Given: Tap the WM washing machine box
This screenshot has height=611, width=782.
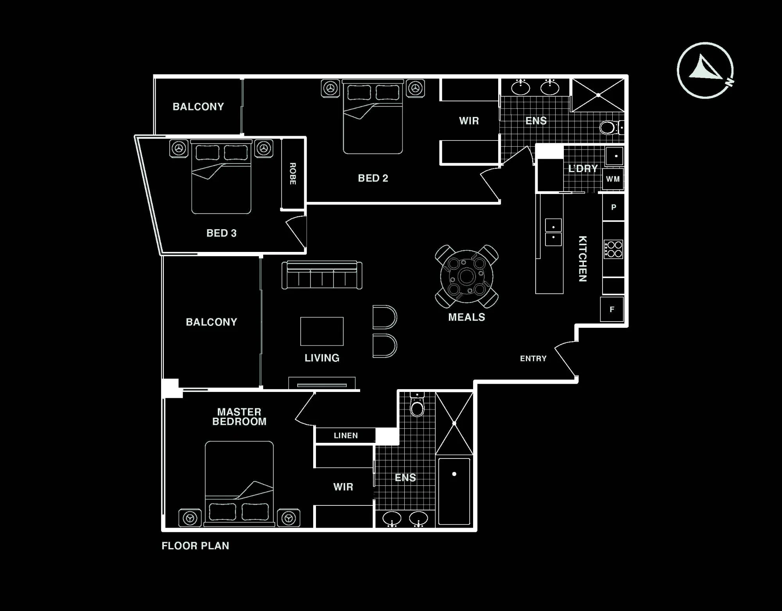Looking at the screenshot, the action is pyautogui.click(x=613, y=179).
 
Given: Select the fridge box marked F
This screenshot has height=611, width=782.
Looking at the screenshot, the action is pyautogui.click(x=612, y=309).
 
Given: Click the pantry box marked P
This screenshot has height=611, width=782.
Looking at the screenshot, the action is pyautogui.click(x=613, y=207).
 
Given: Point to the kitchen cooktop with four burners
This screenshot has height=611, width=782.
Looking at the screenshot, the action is pyautogui.click(x=613, y=249).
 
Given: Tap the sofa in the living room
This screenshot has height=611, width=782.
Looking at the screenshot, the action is pyautogui.click(x=322, y=275).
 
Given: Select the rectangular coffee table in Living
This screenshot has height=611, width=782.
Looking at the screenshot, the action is pyautogui.click(x=322, y=331).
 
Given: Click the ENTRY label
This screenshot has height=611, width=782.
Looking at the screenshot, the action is pyautogui.click(x=533, y=358).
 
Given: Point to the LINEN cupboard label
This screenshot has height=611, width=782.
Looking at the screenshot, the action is pyautogui.click(x=346, y=435).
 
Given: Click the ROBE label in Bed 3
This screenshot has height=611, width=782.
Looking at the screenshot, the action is pyautogui.click(x=292, y=174).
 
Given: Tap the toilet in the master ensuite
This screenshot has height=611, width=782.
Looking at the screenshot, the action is pyautogui.click(x=417, y=405).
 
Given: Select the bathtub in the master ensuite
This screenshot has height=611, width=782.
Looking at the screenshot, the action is pyautogui.click(x=454, y=491).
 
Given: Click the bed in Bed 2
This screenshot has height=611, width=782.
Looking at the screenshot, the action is pyautogui.click(x=373, y=117).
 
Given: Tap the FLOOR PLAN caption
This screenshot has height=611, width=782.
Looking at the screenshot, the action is pyautogui.click(x=195, y=546).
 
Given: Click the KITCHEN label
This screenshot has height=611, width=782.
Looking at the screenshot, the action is pyautogui.click(x=582, y=259).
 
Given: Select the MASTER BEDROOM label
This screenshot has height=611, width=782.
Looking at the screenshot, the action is pyautogui.click(x=239, y=417).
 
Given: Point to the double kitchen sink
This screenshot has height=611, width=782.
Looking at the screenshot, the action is pyautogui.click(x=553, y=232).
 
